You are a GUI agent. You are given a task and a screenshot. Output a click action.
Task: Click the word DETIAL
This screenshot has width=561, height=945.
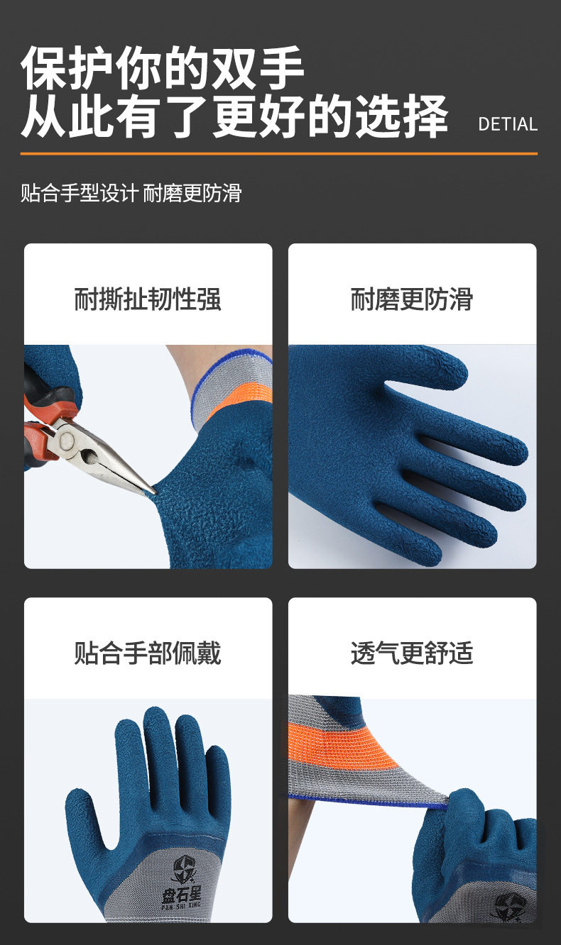pos(508,124)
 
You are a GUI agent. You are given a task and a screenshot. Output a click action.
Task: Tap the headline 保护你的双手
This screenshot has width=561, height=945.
pos(163,69)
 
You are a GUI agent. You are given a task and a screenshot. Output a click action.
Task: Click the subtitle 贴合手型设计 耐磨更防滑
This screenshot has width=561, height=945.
pos(131,192)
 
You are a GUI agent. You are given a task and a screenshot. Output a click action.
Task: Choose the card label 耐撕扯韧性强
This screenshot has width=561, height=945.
pos(148,299)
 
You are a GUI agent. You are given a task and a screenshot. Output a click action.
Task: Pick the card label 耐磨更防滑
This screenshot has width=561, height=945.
pos(411,299)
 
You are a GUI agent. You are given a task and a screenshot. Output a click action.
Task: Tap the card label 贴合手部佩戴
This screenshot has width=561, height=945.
pos(148,653)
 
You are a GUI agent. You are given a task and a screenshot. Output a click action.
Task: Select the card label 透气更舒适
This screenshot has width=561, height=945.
pos(411,653)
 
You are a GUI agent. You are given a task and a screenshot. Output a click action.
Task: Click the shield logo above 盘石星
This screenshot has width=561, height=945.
pos(184,868)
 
